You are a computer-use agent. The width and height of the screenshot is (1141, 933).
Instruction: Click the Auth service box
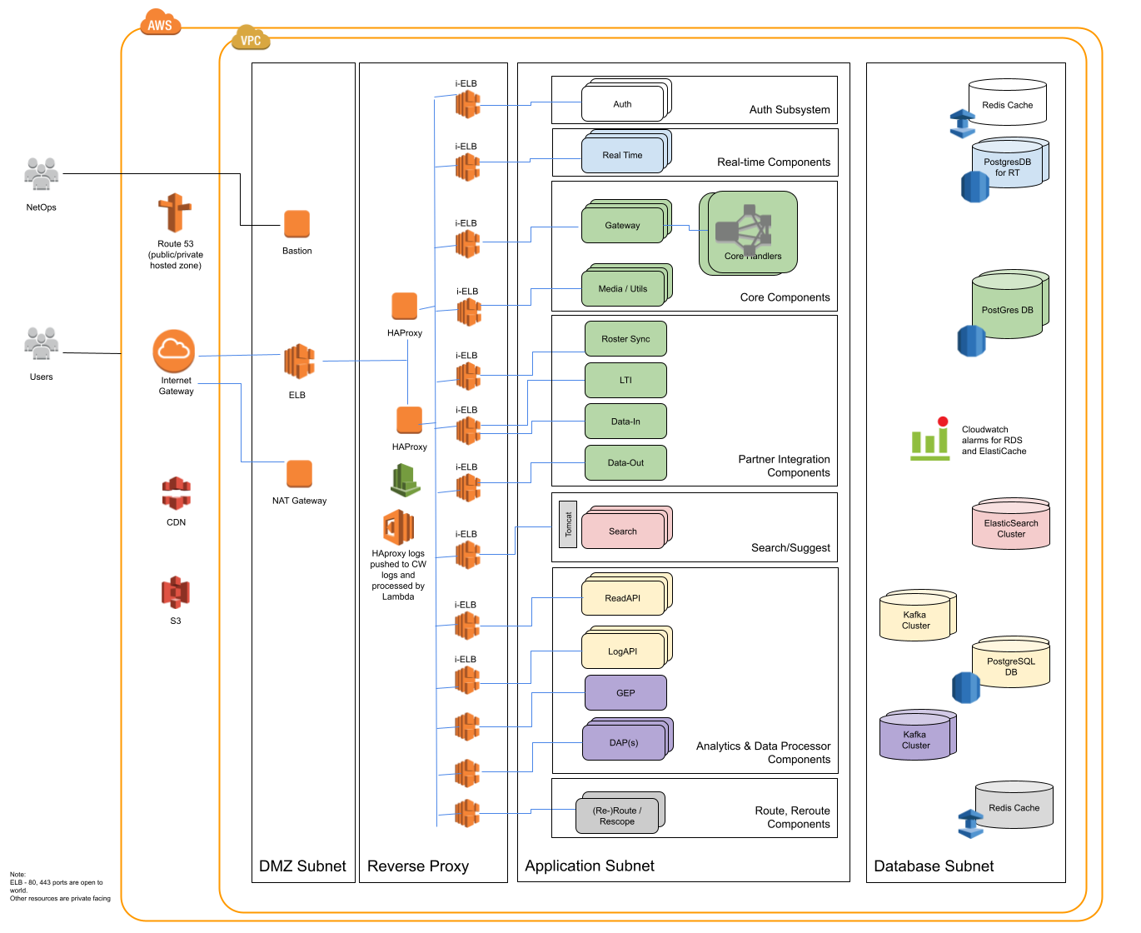click(623, 104)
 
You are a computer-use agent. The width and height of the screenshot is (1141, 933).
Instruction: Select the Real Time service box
click(623, 155)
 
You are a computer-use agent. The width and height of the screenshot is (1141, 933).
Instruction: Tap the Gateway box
click(623, 225)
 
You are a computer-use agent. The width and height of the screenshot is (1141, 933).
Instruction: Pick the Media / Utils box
click(623, 288)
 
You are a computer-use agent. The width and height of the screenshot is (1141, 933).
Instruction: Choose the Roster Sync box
click(625, 339)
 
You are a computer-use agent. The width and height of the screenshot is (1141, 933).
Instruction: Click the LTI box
click(625, 380)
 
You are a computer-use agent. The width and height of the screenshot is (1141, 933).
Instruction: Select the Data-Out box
click(625, 463)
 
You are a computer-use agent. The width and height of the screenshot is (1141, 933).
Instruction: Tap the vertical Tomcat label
click(568, 525)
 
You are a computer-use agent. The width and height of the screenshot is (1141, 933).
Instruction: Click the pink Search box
click(623, 531)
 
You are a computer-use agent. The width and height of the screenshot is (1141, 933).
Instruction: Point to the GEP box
click(625, 693)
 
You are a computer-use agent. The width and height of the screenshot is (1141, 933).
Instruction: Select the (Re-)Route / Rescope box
click(617, 816)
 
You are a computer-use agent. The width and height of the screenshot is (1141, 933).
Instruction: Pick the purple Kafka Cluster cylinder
click(915, 737)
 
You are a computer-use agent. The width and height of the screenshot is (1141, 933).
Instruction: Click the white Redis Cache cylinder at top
click(1007, 103)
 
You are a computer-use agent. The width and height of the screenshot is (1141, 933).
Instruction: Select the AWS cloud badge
click(160, 23)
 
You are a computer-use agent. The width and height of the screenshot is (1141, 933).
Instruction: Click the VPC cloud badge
click(251, 38)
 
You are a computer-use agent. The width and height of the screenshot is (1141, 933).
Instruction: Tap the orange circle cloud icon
click(174, 351)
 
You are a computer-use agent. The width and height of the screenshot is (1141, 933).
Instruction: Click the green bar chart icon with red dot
click(930, 440)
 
